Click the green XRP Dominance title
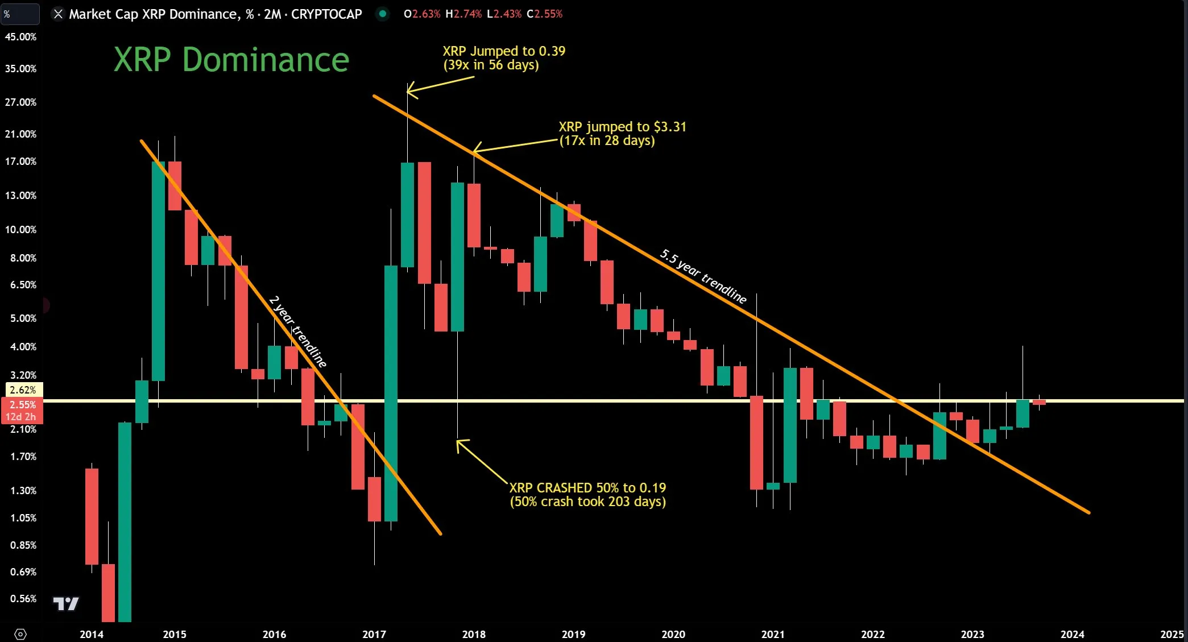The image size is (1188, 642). (231, 60)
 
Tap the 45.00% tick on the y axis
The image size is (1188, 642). (20, 37)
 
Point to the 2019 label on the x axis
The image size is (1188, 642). (573, 634)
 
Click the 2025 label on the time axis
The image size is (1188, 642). (1172, 634)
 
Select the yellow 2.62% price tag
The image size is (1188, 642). (23, 390)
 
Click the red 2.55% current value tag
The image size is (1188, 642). (23, 405)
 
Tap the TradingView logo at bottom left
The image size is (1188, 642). (65, 604)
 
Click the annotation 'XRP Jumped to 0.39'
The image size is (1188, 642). (504, 51)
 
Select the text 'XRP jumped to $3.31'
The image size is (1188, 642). (622, 127)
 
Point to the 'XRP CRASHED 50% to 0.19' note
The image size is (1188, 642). (587, 488)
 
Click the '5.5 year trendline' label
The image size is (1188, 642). (703, 276)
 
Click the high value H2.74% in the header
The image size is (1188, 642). (463, 14)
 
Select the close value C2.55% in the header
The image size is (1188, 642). (544, 14)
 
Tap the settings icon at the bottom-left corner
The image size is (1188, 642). (20, 634)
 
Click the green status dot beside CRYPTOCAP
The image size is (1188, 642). (383, 14)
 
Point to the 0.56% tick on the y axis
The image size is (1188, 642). (23, 599)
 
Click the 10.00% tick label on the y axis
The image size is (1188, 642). (20, 230)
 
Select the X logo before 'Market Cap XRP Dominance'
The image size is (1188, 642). (58, 14)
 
